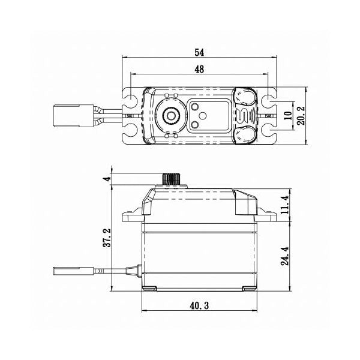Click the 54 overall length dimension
click(x=199, y=52)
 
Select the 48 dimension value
click(x=199, y=70)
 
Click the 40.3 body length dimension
click(x=198, y=306)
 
